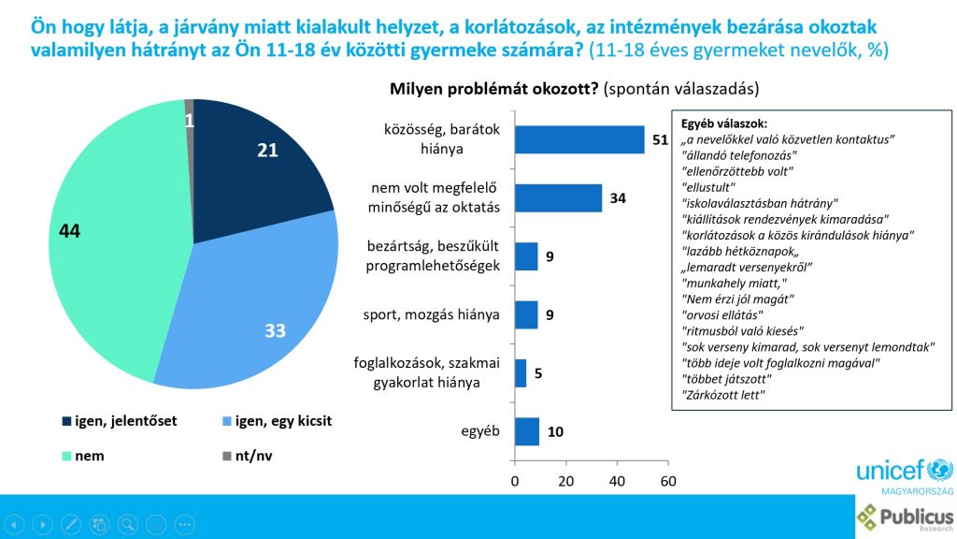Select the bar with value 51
[579, 139]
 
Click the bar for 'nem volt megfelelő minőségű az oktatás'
[558, 197]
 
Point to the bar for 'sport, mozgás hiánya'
[526, 314]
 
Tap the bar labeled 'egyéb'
[527, 431]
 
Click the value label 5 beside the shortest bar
[539, 373]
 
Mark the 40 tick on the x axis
[617, 481]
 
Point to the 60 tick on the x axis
[667, 481]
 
